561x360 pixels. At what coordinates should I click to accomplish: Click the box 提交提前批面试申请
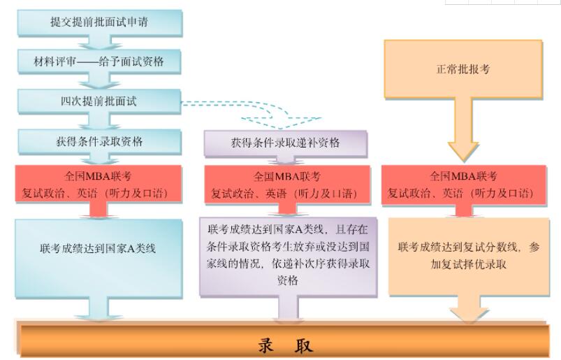[99, 23]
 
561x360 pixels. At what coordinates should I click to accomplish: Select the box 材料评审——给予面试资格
[99, 62]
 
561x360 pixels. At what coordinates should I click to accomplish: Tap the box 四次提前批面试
[99, 101]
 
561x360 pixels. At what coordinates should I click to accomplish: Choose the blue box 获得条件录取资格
[99, 141]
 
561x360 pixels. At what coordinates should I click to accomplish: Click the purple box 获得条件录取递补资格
[285, 143]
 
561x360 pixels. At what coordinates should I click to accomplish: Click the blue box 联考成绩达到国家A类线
[99, 249]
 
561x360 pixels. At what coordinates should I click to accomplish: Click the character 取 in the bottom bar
[305, 345]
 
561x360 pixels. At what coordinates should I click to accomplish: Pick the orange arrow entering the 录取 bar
[469, 309]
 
